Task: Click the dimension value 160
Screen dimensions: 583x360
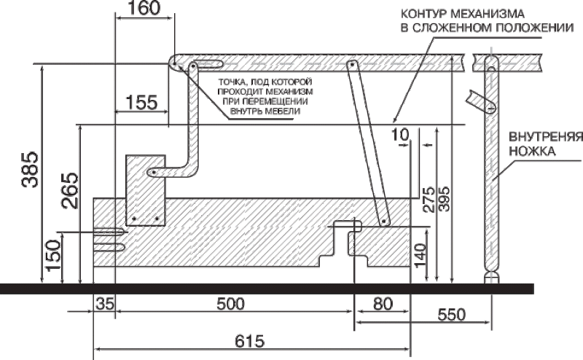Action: [144, 8]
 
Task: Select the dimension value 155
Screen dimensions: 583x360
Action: [141, 102]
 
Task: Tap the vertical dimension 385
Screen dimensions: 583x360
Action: [30, 169]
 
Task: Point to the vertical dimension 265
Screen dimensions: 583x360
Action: [70, 190]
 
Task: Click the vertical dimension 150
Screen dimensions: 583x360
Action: [52, 256]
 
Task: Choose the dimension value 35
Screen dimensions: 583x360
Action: [105, 304]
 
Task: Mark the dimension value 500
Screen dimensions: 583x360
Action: [230, 304]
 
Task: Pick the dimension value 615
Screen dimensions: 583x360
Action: [250, 341]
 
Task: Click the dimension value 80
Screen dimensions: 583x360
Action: [383, 304]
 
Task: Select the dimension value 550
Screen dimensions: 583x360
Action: [451, 315]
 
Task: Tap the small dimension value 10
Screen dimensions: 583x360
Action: [400, 135]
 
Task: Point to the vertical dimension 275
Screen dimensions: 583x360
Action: [429, 200]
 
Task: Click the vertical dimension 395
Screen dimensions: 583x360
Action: [445, 199]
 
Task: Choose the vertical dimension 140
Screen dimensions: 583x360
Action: [420, 256]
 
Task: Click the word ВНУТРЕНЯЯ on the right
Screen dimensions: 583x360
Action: [546, 137]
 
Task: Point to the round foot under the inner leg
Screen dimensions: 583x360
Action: [491, 278]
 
